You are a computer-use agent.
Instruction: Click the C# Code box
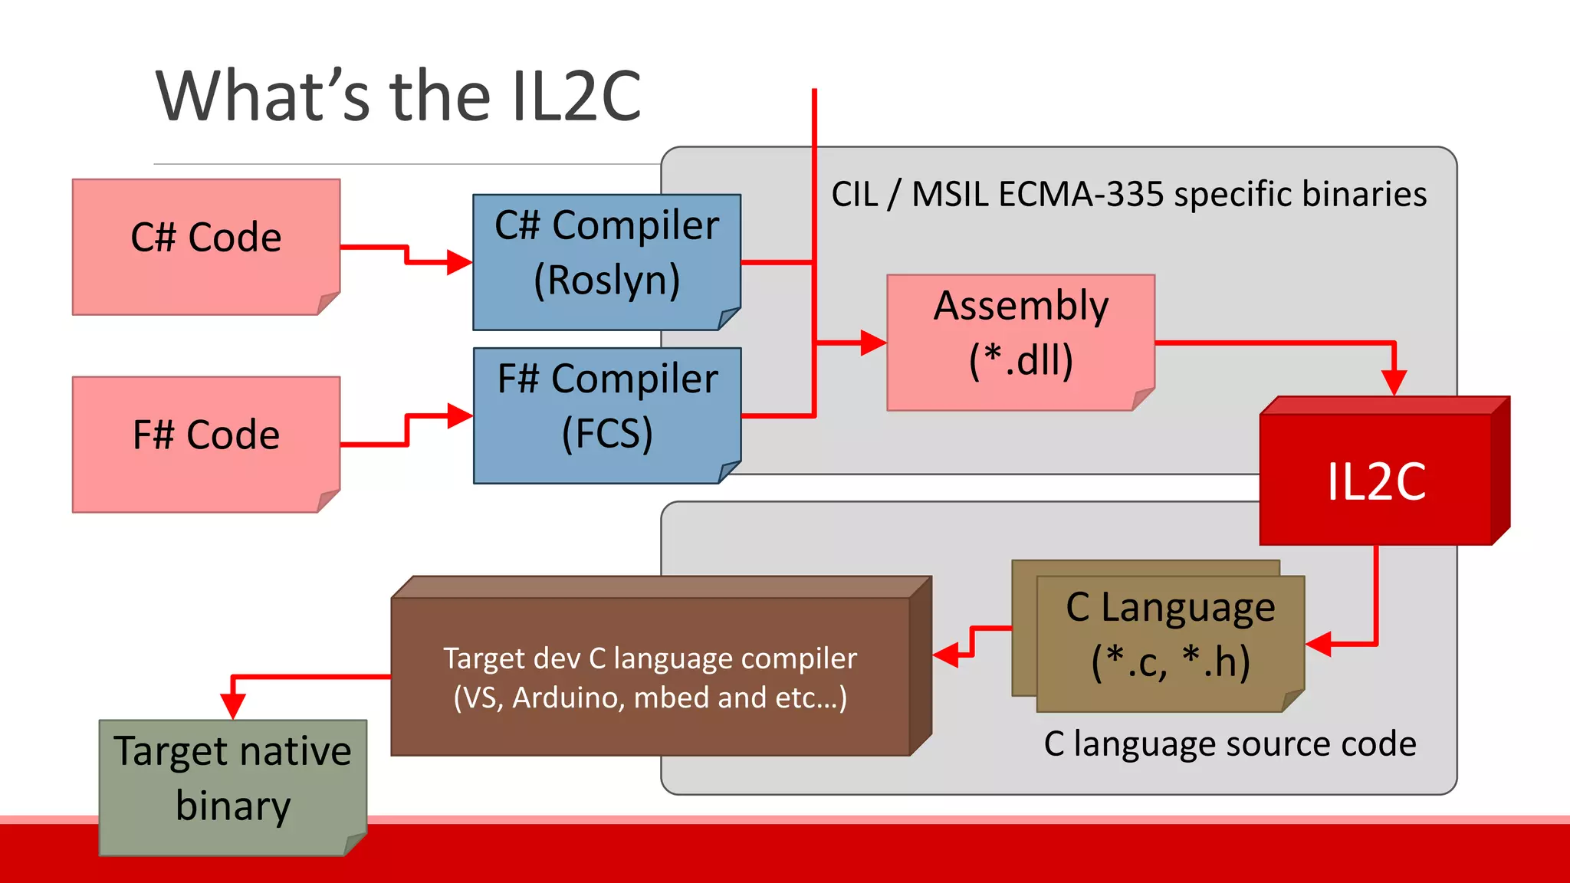pos(205,245)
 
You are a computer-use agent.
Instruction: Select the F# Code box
pos(205,443)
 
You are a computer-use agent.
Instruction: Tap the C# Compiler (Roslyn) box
pos(606,261)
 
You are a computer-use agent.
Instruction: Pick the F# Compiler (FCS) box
pos(606,414)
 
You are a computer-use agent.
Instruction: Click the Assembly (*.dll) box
pos(1020,341)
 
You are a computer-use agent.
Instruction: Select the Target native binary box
pos(232,786)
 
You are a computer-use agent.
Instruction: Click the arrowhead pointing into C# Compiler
pos(460,262)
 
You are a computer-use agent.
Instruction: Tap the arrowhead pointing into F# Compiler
pos(460,416)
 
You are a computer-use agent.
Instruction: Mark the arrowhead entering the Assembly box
pos(874,343)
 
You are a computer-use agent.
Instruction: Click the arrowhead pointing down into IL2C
pos(1394,382)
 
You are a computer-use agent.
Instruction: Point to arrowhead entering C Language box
pos(1318,644)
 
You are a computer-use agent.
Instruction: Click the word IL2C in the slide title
pos(576,97)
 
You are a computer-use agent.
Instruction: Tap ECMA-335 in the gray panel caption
pos(1080,194)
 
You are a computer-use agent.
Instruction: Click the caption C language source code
pos(1230,744)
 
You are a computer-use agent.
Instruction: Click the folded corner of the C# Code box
pos(329,304)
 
